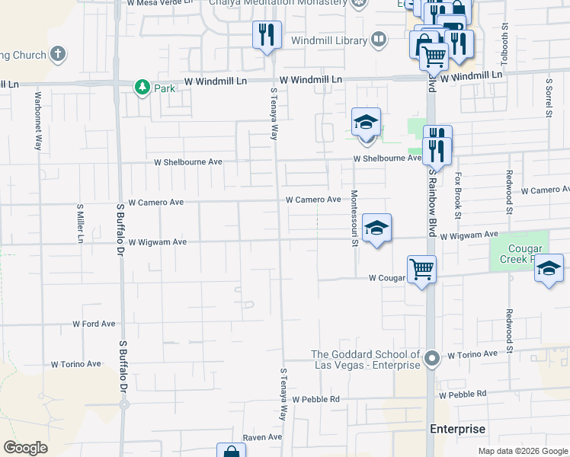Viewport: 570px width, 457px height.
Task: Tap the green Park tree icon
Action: pyautogui.click(x=142, y=88)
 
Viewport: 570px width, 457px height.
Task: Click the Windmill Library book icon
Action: pyautogui.click(x=378, y=39)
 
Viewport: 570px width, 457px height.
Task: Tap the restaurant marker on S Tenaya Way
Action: pyautogui.click(x=267, y=35)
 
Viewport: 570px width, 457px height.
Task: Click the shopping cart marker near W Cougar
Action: pyautogui.click(x=421, y=269)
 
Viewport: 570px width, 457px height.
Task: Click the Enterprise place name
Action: pyautogui.click(x=457, y=429)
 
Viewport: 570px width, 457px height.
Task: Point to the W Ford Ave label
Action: pyautogui.click(x=94, y=324)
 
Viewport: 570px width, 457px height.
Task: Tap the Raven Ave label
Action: pyautogui.click(x=262, y=437)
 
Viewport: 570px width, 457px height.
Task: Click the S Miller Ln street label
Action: pyautogui.click(x=79, y=224)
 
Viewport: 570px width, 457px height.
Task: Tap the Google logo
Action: pyautogui.click(x=25, y=448)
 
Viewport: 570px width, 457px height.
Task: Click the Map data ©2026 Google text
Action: pyautogui.click(x=523, y=451)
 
